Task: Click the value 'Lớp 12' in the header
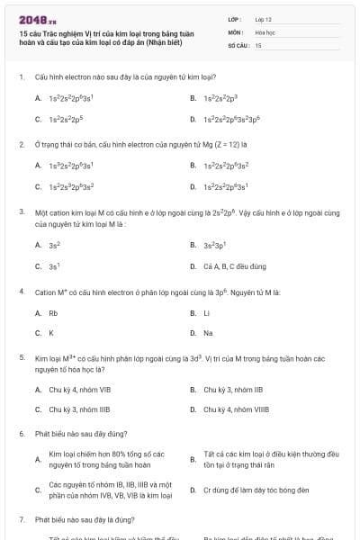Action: tap(263, 19)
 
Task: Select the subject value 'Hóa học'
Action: tap(265, 31)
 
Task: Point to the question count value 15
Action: tap(258, 44)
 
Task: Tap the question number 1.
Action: tap(21, 78)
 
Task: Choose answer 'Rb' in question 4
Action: tap(53, 312)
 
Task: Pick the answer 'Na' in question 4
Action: tap(208, 333)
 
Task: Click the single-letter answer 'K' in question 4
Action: tap(51, 333)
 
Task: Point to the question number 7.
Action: tap(21, 519)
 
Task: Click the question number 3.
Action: tap(21, 212)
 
